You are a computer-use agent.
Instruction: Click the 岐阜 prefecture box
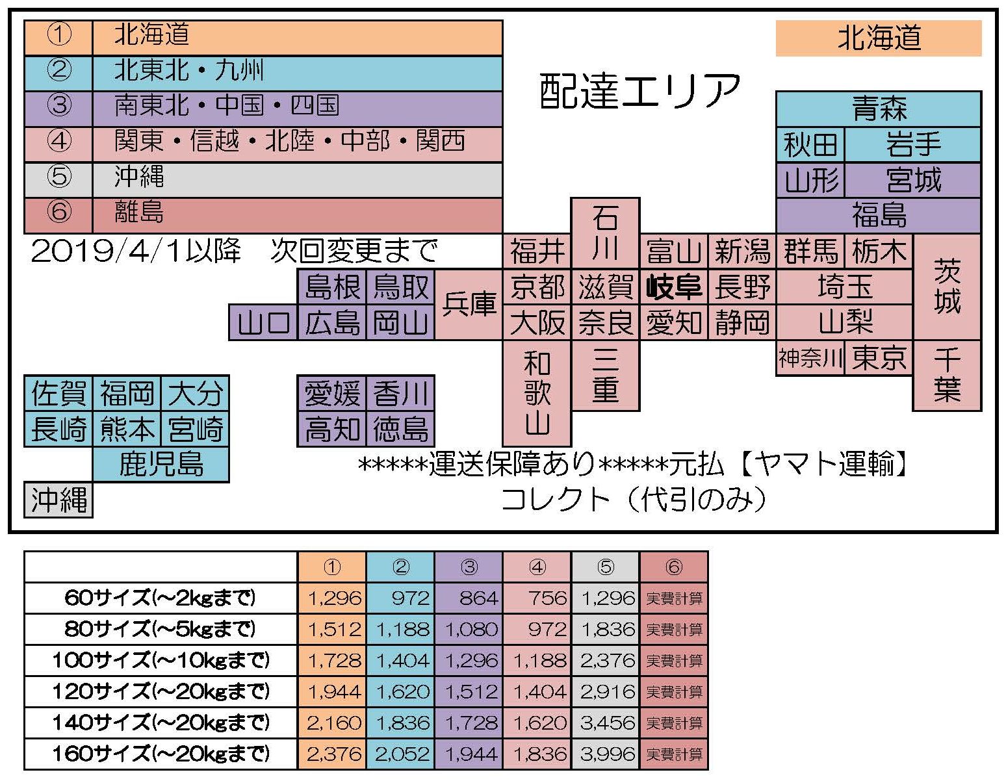tap(674, 287)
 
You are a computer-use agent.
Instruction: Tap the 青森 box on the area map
tap(878, 109)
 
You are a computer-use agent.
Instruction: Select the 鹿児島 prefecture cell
tap(161, 464)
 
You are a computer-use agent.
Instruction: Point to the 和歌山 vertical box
tap(537, 393)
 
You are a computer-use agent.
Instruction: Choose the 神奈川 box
tap(810, 357)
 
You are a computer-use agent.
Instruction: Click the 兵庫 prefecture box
tap(469, 304)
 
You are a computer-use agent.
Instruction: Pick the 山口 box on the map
tap(263, 322)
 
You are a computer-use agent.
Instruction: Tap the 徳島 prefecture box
tap(400, 429)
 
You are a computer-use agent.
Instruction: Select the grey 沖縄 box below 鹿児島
tap(58, 500)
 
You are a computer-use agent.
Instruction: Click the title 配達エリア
tap(640, 91)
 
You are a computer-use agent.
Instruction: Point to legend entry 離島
tap(139, 212)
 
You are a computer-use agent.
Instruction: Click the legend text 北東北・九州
tap(189, 70)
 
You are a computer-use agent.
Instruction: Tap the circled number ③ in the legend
tap(59, 105)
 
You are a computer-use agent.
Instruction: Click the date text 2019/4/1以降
tap(136, 251)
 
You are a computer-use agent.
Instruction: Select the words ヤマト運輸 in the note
tap(827, 464)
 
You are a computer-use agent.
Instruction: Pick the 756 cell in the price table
tap(537, 598)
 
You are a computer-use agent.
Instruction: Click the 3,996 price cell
tap(606, 754)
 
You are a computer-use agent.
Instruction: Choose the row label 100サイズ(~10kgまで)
tap(160, 660)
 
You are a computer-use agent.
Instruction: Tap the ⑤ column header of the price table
tap(606, 567)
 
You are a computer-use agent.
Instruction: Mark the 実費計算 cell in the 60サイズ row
tap(674, 598)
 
